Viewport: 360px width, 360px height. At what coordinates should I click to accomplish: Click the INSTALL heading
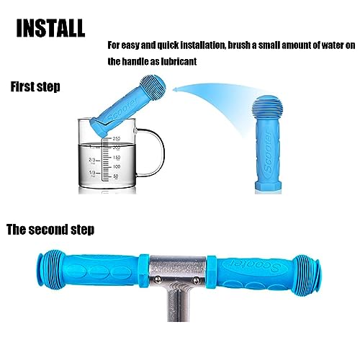(50, 28)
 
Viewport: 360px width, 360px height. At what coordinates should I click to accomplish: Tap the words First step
(35, 86)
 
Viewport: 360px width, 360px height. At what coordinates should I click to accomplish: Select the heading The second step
(50, 230)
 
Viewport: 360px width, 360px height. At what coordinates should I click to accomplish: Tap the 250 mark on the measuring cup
(117, 139)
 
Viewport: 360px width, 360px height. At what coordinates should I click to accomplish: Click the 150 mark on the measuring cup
(117, 158)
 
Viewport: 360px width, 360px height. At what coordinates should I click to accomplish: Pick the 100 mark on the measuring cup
(117, 166)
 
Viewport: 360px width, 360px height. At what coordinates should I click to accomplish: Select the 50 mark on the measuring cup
(116, 176)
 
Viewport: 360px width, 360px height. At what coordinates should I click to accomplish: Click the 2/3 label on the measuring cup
(92, 160)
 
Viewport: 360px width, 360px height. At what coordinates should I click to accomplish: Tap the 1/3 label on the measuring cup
(92, 173)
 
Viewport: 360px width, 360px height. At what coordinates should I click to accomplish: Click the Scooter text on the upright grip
(269, 153)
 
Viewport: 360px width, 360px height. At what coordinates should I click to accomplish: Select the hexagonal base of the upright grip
(268, 187)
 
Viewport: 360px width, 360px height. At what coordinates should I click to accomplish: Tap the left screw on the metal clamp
(157, 279)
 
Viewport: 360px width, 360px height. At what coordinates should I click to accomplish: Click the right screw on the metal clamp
(197, 279)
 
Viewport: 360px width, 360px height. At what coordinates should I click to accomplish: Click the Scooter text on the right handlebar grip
(253, 264)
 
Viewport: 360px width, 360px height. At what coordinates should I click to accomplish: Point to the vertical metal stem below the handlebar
(178, 304)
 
